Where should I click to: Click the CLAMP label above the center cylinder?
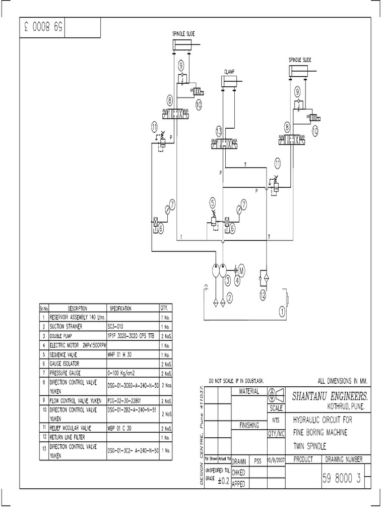coord(230,72)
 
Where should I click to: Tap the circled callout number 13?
coord(218,131)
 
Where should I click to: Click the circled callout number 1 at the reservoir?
coord(282,311)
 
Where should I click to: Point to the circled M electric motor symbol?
coord(241,271)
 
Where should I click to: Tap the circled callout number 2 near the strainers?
coord(229,298)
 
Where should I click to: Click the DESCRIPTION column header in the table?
coord(77,308)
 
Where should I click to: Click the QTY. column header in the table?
coord(164,308)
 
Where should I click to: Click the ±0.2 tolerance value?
coord(224,481)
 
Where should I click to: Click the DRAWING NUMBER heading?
coord(347,459)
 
